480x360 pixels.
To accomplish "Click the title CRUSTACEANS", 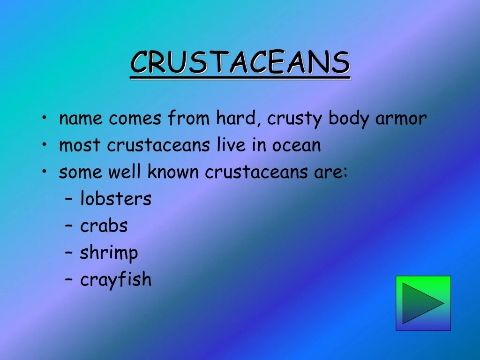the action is [240, 62].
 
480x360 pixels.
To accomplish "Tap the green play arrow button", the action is [423, 303].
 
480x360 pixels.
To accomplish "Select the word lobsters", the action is [116, 198].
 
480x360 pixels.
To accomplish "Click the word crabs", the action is [104, 225].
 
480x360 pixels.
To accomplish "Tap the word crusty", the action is [294, 119].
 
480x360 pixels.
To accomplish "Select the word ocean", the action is [296, 145].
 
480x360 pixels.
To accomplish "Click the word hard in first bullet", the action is [236, 118].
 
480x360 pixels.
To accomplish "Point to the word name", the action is [81, 119].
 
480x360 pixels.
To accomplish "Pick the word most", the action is [80, 145].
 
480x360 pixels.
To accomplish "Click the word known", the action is [173, 172].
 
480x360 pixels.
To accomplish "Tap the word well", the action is [124, 172].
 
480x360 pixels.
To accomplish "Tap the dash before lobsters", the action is [69, 198].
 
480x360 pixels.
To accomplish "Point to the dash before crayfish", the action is [69, 279].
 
